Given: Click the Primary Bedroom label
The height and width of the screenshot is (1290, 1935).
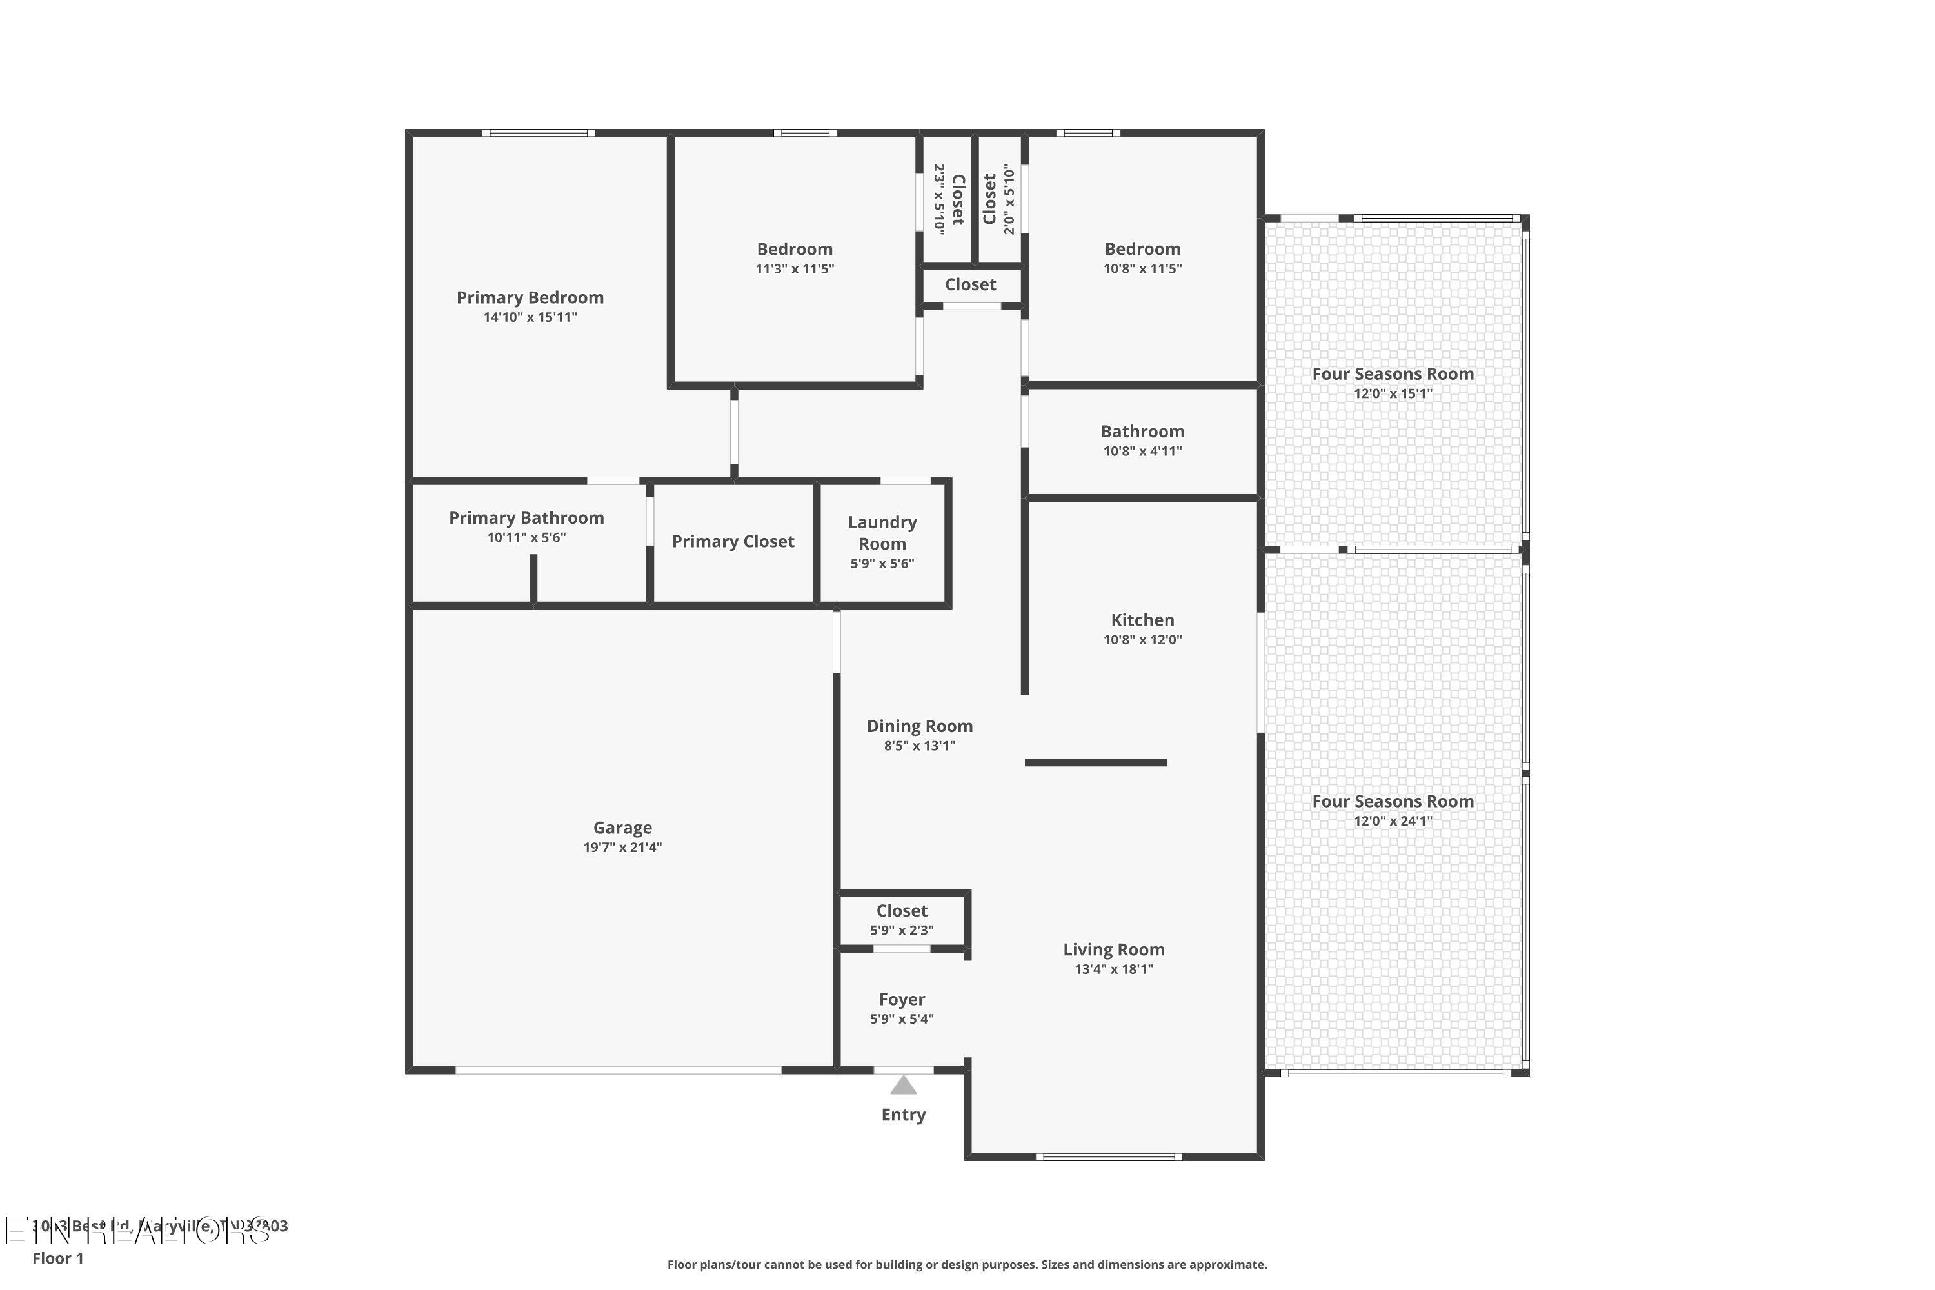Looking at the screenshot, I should (530, 298).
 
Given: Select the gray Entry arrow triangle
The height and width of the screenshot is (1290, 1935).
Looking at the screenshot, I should (904, 1086).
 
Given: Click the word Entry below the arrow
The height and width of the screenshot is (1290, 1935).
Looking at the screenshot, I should (904, 1115).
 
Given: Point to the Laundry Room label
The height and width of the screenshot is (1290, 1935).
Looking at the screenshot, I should (882, 533).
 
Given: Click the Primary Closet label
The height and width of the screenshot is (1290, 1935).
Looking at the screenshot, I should (732, 541).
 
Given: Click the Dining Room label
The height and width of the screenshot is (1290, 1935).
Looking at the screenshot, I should (919, 726).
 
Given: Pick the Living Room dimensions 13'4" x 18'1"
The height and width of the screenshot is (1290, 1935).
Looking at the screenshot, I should (1113, 969).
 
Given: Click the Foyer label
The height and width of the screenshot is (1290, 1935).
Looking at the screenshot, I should (902, 1000).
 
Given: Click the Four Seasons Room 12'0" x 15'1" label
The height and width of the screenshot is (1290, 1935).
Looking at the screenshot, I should (1392, 374).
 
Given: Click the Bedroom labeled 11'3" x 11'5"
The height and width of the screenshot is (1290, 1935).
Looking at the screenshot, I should (794, 249).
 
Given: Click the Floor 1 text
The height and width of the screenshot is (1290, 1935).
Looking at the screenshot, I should (57, 1258).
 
